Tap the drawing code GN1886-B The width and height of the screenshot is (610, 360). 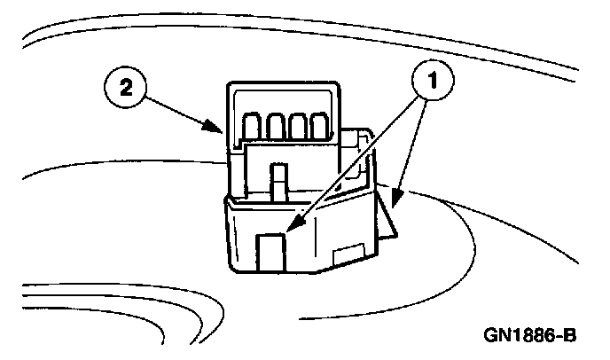click(x=530, y=337)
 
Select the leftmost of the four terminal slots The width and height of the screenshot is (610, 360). click(x=253, y=127)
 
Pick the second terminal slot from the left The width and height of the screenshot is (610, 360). click(x=274, y=127)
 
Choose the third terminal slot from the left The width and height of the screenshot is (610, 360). click(x=297, y=126)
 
